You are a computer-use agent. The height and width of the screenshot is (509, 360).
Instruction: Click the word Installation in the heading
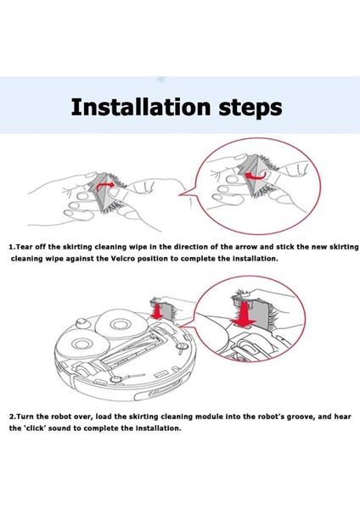click(141, 107)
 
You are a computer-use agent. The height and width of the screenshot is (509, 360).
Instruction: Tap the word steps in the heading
click(250, 109)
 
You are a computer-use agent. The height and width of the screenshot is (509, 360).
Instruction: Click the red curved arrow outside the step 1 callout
click(105, 186)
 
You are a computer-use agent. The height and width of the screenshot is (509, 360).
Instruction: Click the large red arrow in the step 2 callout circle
click(245, 314)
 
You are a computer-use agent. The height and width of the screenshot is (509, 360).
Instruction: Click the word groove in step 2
click(301, 417)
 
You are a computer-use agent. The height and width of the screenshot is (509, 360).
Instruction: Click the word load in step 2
click(104, 417)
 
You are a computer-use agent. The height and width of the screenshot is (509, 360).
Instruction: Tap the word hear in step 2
click(342, 417)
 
